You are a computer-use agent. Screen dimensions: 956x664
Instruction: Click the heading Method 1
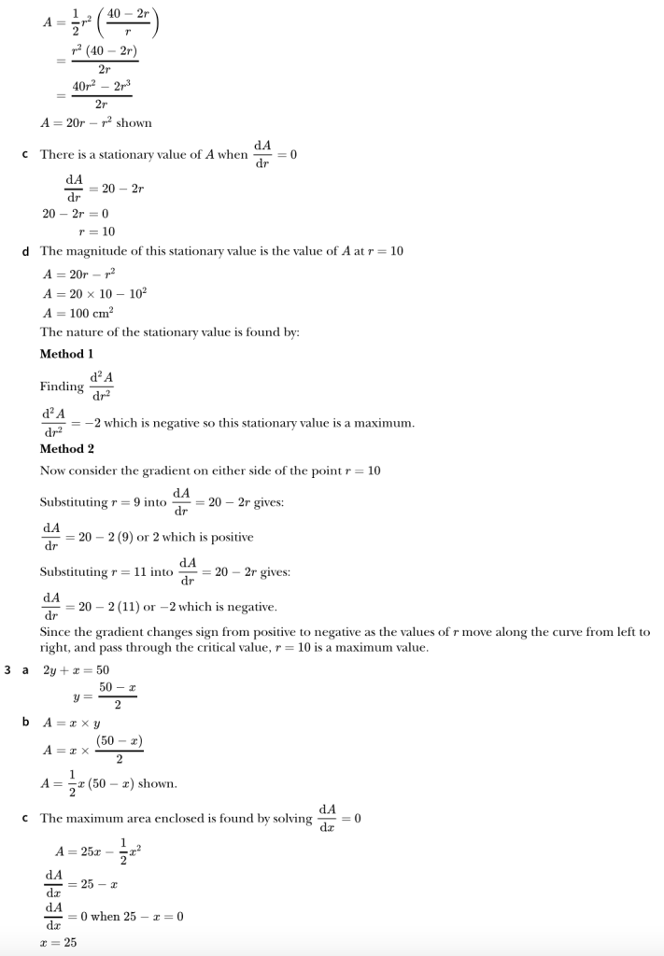pyautogui.click(x=66, y=354)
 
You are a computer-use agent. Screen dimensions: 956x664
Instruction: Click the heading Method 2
pyautogui.click(x=66, y=448)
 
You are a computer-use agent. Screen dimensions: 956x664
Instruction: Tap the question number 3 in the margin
pyautogui.click(x=8, y=669)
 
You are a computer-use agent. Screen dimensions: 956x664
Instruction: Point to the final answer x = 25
pyautogui.click(x=58, y=943)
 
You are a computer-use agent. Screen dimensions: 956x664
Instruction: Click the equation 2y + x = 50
pyautogui.click(x=77, y=670)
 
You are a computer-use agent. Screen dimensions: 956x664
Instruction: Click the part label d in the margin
pyautogui.click(x=25, y=251)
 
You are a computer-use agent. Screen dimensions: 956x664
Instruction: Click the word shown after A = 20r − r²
pyautogui.click(x=134, y=122)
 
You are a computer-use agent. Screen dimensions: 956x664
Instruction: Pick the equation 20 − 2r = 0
pyautogui.click(x=76, y=214)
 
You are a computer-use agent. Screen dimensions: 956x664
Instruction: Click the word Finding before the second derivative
pyautogui.click(x=62, y=387)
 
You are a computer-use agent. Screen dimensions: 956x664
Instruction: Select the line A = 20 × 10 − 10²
pyautogui.click(x=94, y=292)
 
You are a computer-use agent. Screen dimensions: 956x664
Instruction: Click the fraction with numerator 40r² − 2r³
pyautogui.click(x=102, y=95)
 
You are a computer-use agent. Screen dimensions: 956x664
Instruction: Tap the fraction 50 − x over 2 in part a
pyautogui.click(x=118, y=696)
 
